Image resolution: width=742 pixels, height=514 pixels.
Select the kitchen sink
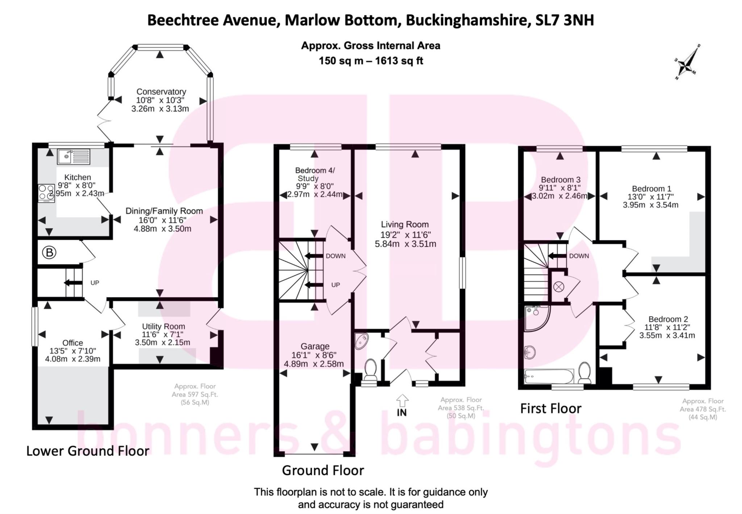[74, 157]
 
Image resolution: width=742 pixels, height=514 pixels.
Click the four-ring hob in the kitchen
[46, 193]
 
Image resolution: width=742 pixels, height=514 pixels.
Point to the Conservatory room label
[161, 92]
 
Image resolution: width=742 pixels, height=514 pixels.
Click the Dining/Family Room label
[164, 211]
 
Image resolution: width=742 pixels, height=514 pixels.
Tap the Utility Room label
[163, 326]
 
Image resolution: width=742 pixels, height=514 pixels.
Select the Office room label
[72, 343]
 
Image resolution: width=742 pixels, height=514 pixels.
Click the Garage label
[315, 347]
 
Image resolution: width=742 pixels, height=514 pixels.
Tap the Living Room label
[404, 224]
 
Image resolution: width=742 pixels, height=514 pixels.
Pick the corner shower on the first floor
[536, 318]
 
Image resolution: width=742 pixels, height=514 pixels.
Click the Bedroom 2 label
[668, 319]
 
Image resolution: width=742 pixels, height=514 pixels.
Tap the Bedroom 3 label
[560, 180]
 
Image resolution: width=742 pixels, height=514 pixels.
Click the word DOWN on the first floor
[579, 256]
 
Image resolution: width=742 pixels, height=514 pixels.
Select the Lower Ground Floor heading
[88, 451]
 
